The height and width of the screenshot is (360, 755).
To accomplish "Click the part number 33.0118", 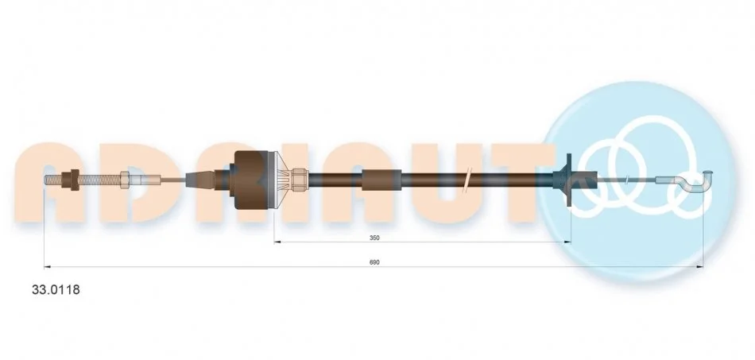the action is click(56, 290).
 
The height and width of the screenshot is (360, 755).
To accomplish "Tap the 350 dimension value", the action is click(374, 238).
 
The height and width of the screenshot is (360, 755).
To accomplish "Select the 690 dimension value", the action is click(374, 262).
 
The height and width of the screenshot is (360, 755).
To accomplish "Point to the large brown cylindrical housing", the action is click(252, 180).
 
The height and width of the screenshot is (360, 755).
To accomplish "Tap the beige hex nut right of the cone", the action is click(300, 180).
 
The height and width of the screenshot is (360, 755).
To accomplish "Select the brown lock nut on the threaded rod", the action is click(75, 180).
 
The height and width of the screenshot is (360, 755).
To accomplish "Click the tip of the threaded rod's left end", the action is click(45, 180).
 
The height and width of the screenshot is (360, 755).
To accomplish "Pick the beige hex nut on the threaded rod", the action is click(125, 180).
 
